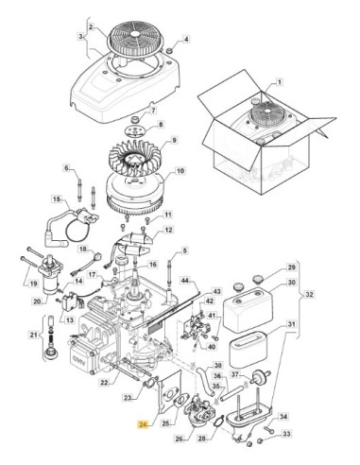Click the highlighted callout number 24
pos(144,424)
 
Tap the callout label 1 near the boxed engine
pos(280,82)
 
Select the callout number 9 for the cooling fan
pos(174,140)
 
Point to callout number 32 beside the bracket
pos(310,294)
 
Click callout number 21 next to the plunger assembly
pos(34,335)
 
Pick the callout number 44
pos(185,280)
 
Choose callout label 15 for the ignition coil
pos(56,199)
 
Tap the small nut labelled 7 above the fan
pos(136,120)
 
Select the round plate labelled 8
pos(135,130)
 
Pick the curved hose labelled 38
pos(205,381)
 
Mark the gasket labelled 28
pos(218,422)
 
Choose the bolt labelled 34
pos(268,429)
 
